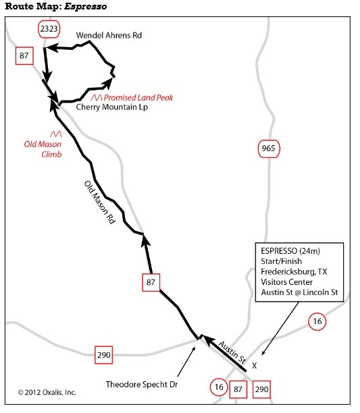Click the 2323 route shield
(x=49, y=29)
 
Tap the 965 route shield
(x=269, y=149)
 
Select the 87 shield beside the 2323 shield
(x=24, y=55)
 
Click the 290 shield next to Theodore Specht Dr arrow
(x=103, y=355)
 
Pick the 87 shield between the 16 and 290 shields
(x=238, y=389)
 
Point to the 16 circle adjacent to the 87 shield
(x=219, y=387)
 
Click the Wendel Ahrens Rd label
(x=109, y=35)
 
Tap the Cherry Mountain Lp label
(x=112, y=107)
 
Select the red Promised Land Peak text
(x=138, y=98)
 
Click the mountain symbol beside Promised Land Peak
(x=97, y=98)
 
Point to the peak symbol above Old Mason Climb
(x=56, y=134)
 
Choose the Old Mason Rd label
(x=100, y=202)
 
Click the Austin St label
(x=232, y=352)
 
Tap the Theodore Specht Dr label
(x=142, y=384)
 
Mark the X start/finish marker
(x=255, y=366)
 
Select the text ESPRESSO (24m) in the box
(x=290, y=251)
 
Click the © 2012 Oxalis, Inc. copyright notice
(x=47, y=393)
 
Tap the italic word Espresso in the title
(x=85, y=6)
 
